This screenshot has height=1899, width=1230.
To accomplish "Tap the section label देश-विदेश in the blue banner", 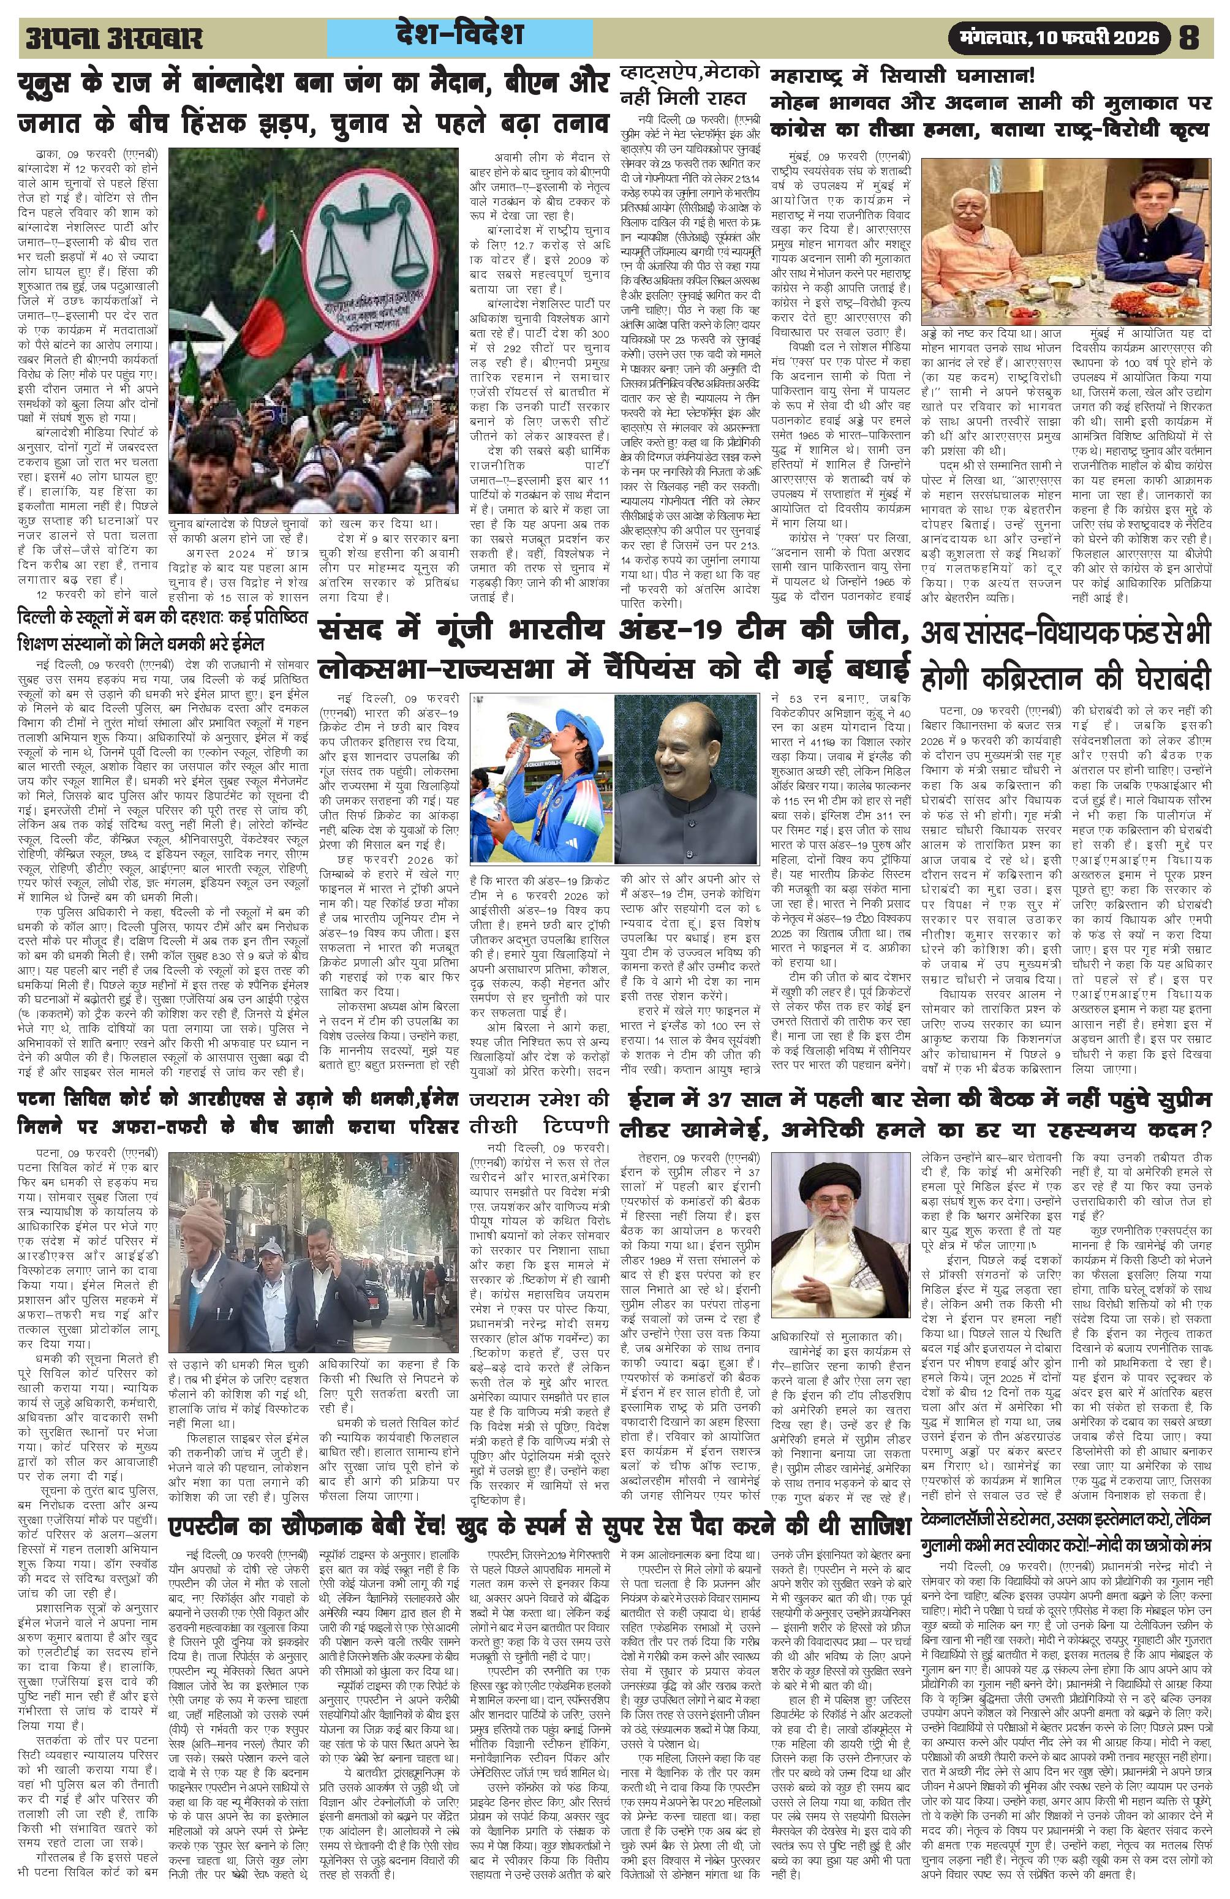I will click(x=459, y=35).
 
